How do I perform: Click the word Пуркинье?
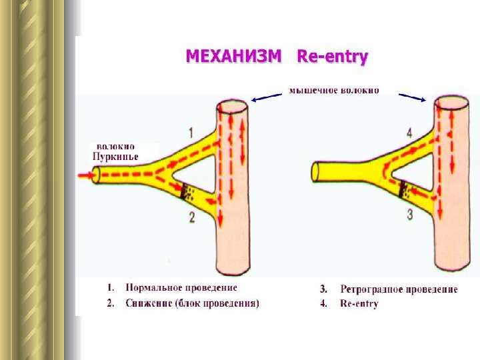coord(116,156)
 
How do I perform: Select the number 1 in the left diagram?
coord(191,132)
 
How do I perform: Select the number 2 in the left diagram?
coord(191,216)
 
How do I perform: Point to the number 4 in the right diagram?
coord(409,133)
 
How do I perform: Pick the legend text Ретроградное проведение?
coord(399,289)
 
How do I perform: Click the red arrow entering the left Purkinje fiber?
coord(85,176)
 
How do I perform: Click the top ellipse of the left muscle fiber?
coord(232,106)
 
